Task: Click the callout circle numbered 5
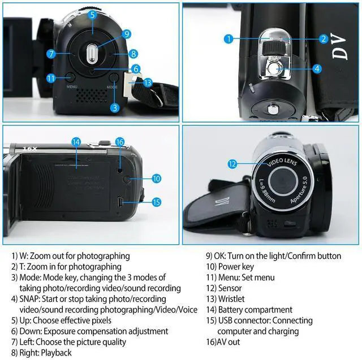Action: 92,15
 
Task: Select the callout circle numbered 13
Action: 148,83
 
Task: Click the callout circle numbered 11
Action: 51,78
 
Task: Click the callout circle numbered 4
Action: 317,68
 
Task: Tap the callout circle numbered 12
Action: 231,164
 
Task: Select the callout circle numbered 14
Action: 76,141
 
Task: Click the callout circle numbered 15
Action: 156,202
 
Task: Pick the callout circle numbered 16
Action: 119,141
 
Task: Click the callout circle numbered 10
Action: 156,178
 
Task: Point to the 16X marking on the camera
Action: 30,149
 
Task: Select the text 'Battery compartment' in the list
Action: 255,310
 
